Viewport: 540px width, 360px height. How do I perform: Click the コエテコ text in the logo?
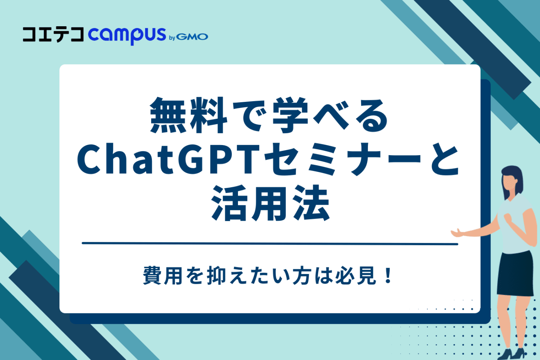tap(53, 35)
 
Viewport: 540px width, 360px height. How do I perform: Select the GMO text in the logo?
tap(192, 37)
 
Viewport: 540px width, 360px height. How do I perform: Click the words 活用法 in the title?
tap(270, 203)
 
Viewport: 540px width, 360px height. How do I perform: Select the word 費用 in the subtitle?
tap(162, 275)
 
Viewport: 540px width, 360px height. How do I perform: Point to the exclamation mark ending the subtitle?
tap(388, 275)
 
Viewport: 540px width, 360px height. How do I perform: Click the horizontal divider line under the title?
tap(270, 243)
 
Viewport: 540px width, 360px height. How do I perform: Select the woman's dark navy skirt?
tap(515, 274)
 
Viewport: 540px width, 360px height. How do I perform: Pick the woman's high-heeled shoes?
tap(511, 353)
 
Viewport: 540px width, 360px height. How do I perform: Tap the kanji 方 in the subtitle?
tap(302, 275)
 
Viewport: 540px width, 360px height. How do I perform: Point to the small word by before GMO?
tap(172, 38)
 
